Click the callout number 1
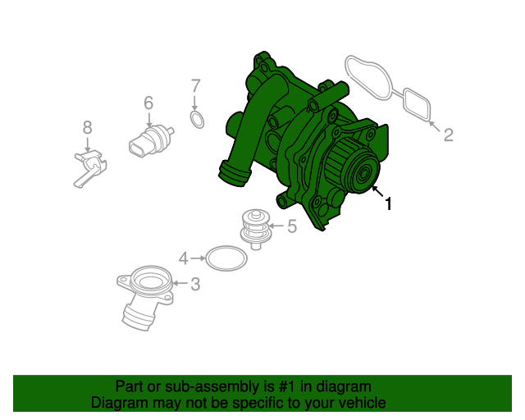click(388, 204)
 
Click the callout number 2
click(448, 135)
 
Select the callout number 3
click(194, 285)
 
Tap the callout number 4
click(184, 258)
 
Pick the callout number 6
click(148, 103)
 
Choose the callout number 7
click(195, 85)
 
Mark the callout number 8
click(88, 127)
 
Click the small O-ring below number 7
click(197, 121)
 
